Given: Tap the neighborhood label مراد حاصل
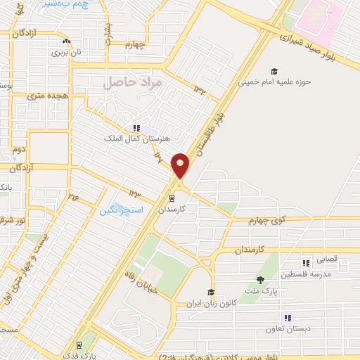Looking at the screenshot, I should (x=133, y=83).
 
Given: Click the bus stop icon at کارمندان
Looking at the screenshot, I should (x=171, y=198).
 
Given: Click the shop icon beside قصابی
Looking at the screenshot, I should (x=305, y=259).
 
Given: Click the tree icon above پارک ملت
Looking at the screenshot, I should (x=260, y=279).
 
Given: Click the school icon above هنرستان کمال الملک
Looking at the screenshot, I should (x=136, y=128).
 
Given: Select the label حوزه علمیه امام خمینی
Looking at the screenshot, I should (x=274, y=82).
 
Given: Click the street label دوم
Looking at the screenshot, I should (x=18, y=149).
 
